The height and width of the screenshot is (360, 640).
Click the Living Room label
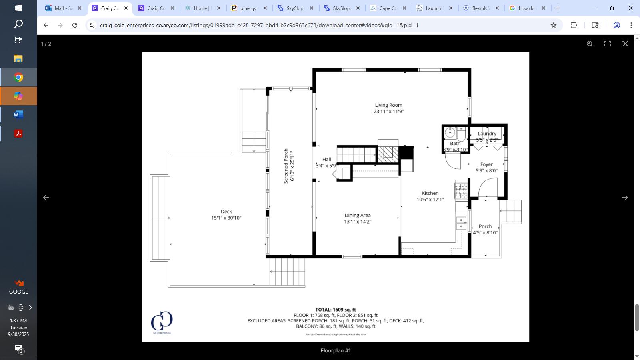[x=388, y=105]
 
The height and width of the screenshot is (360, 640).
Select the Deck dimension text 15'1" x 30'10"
[x=226, y=218]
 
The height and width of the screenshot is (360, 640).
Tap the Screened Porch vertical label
[x=286, y=166]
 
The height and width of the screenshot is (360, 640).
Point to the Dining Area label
[x=358, y=215]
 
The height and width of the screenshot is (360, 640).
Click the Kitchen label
[x=430, y=193]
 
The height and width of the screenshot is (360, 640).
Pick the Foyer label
[x=486, y=164]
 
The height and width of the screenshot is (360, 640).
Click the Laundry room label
[x=487, y=134]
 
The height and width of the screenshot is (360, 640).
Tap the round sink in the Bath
[x=450, y=132]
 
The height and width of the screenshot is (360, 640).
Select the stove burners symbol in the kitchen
[x=461, y=191]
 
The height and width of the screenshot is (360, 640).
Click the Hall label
[x=326, y=159]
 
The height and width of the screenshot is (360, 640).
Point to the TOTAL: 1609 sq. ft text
[x=335, y=310]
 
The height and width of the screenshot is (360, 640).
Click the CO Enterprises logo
[x=162, y=322]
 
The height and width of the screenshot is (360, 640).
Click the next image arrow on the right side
[x=625, y=198]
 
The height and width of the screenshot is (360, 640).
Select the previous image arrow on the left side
[x=46, y=198]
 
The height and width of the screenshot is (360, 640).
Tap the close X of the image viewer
[x=625, y=44]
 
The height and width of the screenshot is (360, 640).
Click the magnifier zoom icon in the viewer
[x=590, y=44]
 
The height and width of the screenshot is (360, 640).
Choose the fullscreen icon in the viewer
[x=607, y=44]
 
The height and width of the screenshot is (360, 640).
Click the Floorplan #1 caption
[x=335, y=350]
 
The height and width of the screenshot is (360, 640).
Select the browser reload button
[x=75, y=25]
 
